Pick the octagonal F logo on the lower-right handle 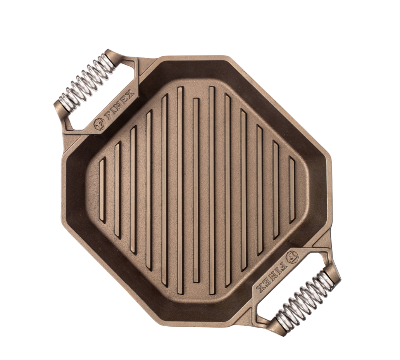291,256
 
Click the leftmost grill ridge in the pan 102,190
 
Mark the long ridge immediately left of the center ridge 180,190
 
